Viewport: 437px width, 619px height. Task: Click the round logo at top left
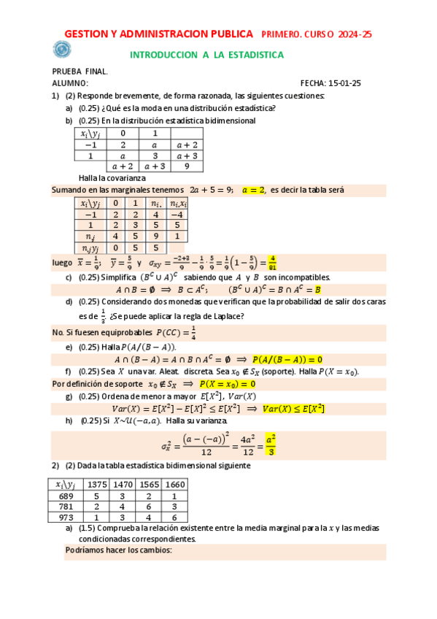62,50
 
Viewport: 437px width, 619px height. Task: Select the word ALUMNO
69,83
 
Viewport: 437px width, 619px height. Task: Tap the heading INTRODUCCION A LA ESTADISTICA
206,55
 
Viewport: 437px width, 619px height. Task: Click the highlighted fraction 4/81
272,262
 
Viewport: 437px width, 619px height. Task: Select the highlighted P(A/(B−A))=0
287,359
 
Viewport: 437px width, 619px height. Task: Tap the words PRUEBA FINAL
80,71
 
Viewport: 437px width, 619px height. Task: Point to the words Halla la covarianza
112,178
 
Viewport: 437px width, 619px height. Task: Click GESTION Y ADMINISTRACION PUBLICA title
159,34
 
